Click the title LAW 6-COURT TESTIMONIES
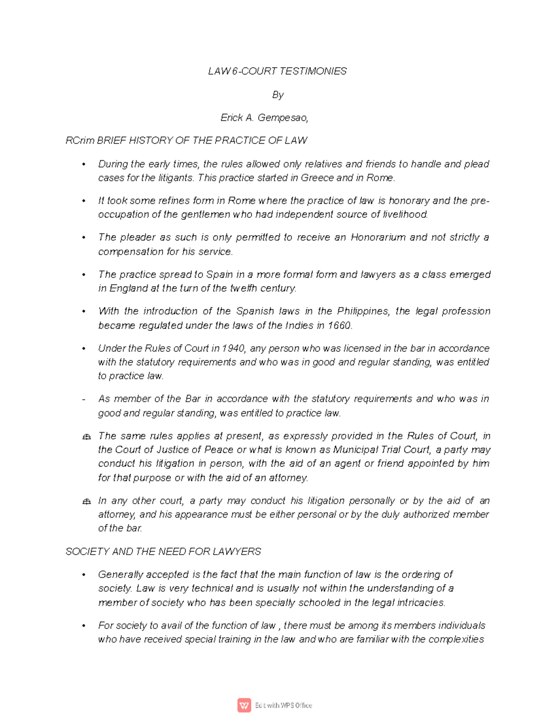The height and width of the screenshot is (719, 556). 277,71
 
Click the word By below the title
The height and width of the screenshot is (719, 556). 278,95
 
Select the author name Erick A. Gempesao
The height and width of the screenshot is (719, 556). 264,118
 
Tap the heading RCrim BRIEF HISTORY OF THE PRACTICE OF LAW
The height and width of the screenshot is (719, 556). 186,140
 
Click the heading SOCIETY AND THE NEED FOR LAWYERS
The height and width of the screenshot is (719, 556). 163,551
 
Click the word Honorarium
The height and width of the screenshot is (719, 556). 378,238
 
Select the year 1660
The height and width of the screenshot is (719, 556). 339,325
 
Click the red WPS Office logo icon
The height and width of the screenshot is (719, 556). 244,705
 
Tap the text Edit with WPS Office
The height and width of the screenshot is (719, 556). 284,706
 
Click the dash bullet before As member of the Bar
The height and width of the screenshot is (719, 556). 83,400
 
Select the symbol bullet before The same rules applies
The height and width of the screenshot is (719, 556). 86,437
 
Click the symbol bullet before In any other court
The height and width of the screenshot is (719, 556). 86,501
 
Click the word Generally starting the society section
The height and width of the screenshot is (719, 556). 120,575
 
